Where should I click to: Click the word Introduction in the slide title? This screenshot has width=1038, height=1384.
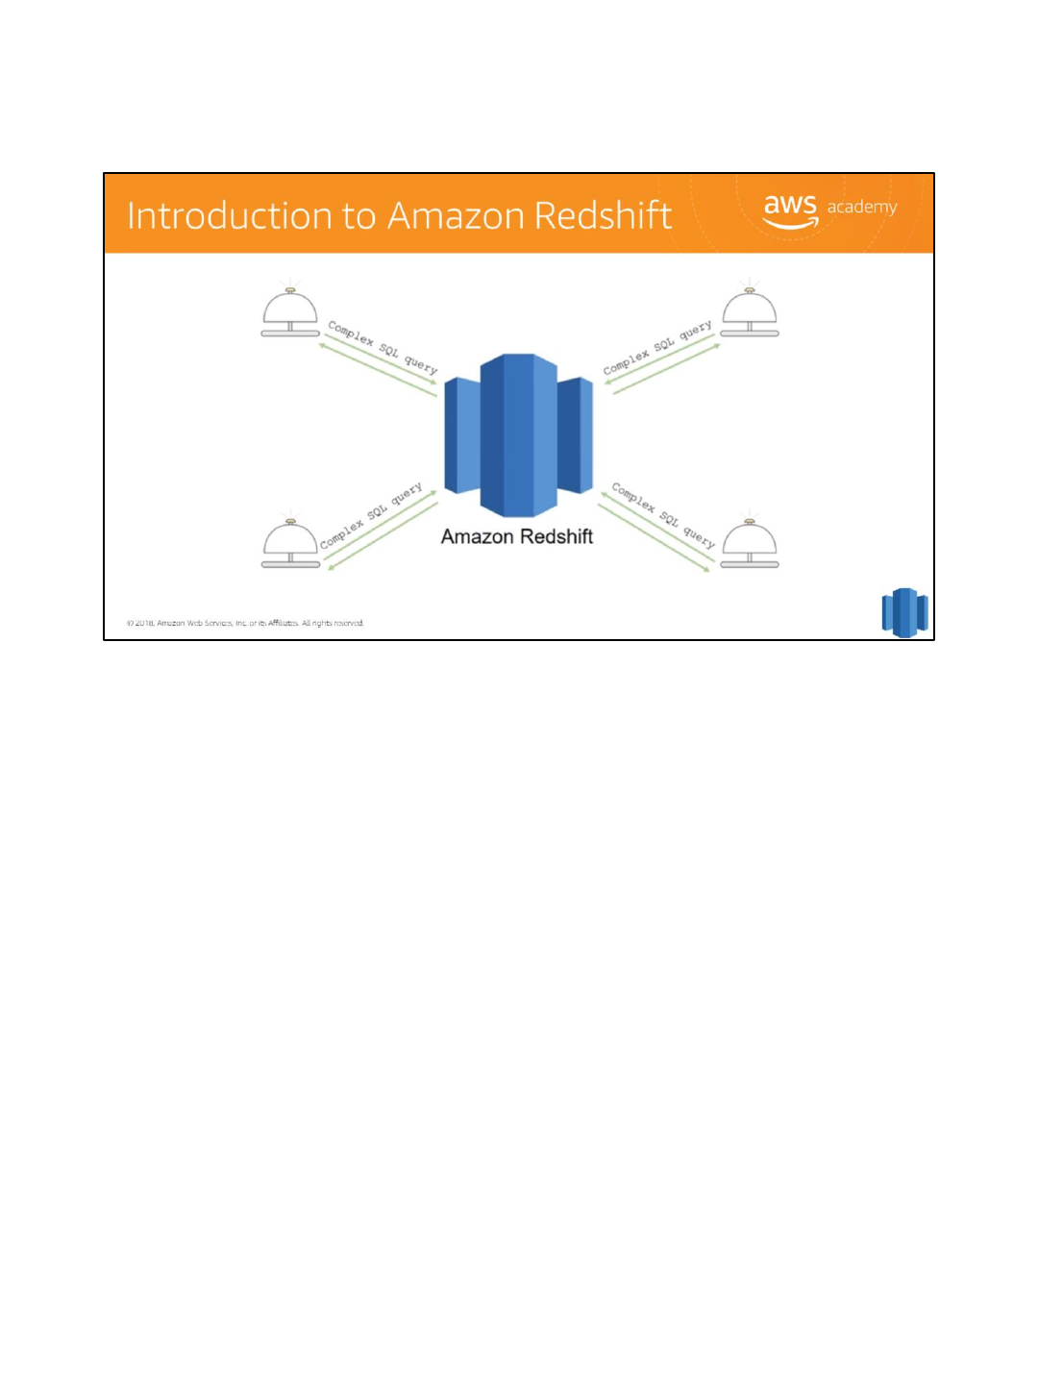tap(229, 216)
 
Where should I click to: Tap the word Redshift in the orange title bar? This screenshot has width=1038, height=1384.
tap(603, 215)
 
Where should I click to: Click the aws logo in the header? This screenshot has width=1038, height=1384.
tap(790, 210)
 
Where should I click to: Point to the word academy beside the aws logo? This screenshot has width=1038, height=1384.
tap(862, 207)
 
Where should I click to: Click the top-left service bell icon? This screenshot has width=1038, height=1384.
tap(290, 312)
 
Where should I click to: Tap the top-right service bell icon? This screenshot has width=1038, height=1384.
tap(750, 312)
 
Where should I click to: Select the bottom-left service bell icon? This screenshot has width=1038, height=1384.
tap(290, 544)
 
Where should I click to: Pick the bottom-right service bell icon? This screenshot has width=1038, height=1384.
tap(750, 544)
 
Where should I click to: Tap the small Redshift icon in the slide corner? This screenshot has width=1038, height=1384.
tap(904, 612)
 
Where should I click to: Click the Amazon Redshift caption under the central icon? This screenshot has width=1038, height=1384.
tap(517, 537)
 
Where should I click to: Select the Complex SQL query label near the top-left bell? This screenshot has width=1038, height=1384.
tap(383, 347)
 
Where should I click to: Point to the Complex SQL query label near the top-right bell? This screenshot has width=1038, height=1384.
tap(657, 346)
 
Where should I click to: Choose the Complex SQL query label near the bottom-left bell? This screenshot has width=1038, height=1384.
tap(371, 516)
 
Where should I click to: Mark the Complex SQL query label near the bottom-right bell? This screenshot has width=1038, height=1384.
tap(663, 515)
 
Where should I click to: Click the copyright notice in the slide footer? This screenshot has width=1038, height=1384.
tap(245, 623)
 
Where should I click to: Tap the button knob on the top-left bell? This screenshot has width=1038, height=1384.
tap(290, 289)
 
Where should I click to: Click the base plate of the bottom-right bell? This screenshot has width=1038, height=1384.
tap(750, 564)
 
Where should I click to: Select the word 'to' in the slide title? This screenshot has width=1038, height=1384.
tap(358, 217)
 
